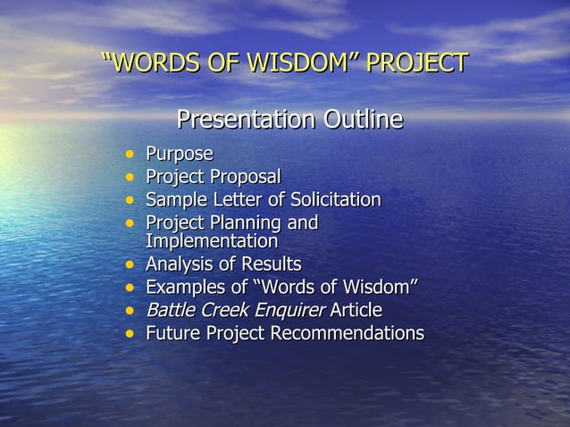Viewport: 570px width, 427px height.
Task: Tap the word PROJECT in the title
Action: (x=418, y=63)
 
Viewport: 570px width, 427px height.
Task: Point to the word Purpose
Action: (x=179, y=154)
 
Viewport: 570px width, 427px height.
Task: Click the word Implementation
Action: (x=212, y=241)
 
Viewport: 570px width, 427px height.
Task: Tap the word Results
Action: (x=272, y=265)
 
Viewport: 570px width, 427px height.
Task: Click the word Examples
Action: (x=184, y=288)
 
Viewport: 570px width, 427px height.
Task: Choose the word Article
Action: (x=356, y=311)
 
